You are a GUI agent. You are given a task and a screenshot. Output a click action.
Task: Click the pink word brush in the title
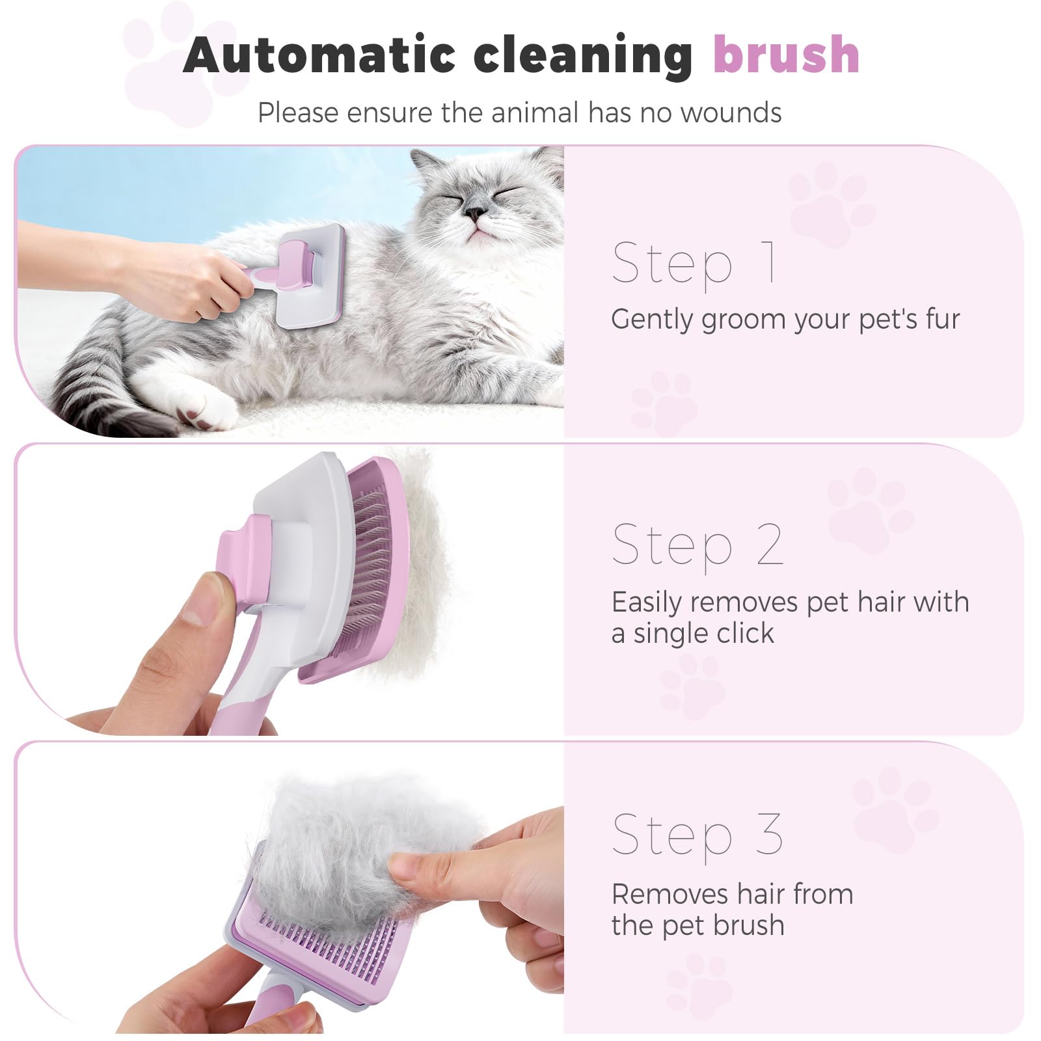[786, 55]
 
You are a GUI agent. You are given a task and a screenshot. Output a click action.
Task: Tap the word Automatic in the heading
[319, 55]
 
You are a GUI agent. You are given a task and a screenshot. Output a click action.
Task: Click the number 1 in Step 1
[769, 262]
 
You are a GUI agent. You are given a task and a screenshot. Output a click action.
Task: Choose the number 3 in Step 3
[769, 834]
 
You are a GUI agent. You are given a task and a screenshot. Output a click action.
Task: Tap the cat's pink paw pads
[193, 416]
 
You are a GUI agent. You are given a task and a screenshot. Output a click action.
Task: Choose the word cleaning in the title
[582, 55]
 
